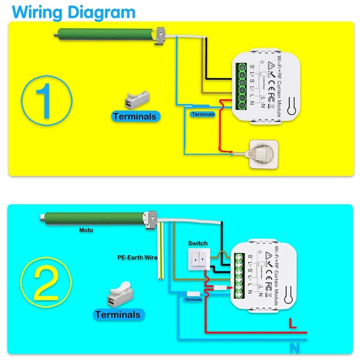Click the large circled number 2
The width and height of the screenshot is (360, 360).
[46, 283]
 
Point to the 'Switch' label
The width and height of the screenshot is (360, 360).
[198, 243]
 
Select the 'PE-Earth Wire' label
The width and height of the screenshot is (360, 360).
[135, 258]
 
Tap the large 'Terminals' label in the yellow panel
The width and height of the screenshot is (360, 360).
[135, 117]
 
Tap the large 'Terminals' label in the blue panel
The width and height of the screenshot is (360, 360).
[117, 315]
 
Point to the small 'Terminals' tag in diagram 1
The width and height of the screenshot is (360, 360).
[203, 114]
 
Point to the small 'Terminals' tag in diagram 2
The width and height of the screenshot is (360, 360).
[193, 299]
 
